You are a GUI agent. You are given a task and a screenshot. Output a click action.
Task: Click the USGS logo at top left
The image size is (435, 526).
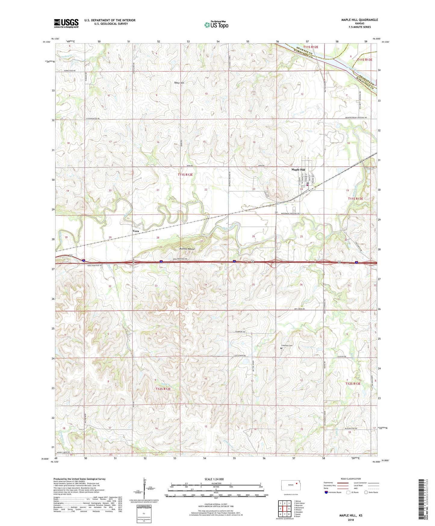[66, 23]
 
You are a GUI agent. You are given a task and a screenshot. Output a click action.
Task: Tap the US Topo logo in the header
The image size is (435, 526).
[216, 25]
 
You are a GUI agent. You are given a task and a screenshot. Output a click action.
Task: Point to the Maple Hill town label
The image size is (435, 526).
[298, 170]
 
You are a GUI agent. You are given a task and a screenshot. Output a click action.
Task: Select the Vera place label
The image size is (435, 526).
[136, 231]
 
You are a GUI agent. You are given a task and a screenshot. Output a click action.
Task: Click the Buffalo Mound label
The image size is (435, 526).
[187, 249]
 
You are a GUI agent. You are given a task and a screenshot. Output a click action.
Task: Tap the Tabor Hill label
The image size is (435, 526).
[179, 83]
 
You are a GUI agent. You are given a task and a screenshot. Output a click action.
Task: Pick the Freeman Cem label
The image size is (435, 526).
[287, 346]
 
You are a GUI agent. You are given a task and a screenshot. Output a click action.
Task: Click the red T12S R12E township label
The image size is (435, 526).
[163, 389]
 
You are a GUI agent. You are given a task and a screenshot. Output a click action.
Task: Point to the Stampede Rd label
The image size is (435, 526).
[240, 332]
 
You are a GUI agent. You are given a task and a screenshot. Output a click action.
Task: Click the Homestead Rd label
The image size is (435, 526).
[69, 71]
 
